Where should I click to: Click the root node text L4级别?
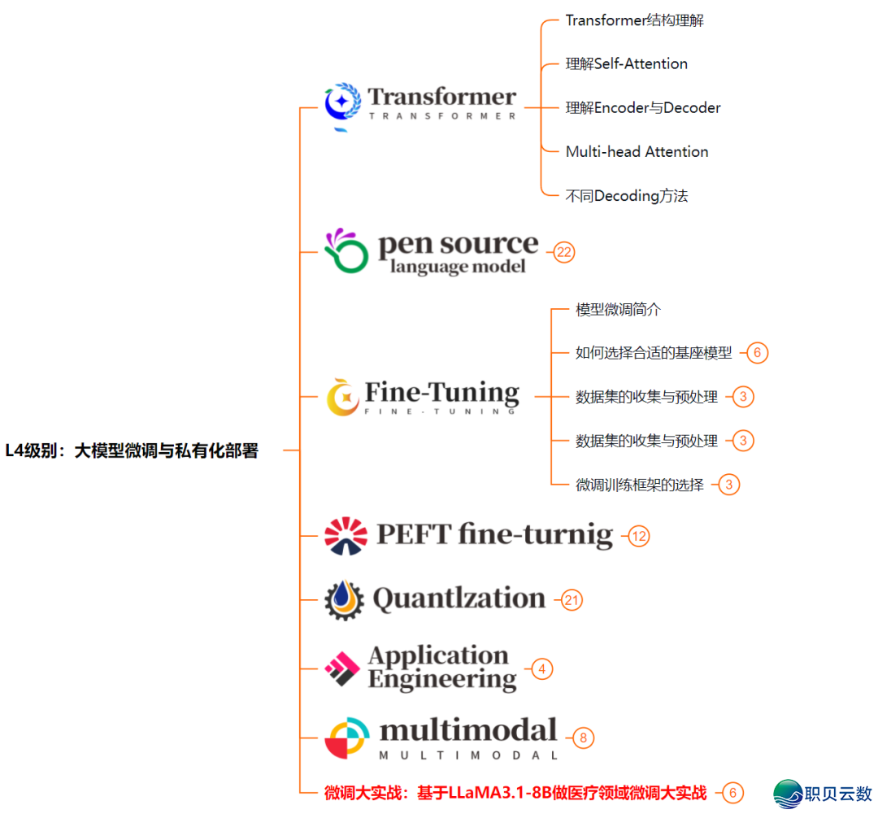pos(132,451)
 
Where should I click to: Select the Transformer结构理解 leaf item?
pos(634,20)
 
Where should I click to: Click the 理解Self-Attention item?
pos(626,64)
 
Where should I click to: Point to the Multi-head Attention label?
pos(637,152)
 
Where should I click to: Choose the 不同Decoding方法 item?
pos(627,196)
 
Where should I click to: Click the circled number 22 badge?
pos(564,252)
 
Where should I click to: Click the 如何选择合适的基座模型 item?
pos(654,353)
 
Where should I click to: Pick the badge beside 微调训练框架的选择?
pos(729,485)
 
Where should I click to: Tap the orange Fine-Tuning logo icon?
pos(343,398)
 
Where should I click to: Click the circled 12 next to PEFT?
pos(640,537)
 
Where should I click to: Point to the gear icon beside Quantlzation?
pos(344,600)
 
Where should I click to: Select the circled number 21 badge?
pos(572,601)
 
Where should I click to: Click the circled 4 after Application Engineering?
pos(542,669)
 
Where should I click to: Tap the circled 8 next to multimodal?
pos(583,738)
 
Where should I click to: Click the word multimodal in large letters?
pos(468,730)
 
